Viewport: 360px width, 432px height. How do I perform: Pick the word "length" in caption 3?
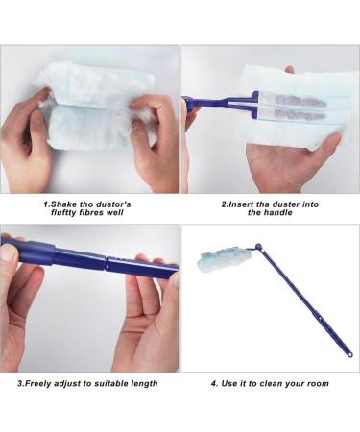140,383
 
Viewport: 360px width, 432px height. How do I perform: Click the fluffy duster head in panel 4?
219,257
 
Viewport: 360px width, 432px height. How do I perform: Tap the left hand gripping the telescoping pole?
24,307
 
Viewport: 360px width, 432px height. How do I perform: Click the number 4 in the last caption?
213,383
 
